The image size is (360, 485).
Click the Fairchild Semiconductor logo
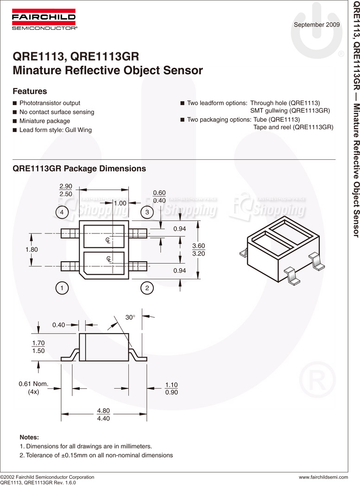point(44,20)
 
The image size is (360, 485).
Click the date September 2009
point(316,25)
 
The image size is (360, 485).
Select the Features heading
point(30,91)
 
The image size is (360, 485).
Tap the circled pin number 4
point(62,212)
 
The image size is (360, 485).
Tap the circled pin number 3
point(147,212)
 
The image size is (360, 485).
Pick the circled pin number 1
point(62,288)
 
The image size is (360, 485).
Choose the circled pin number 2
point(147,288)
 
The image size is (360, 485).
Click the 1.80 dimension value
point(32,249)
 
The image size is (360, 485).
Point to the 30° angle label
point(130,317)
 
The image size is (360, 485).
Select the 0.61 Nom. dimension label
point(33,384)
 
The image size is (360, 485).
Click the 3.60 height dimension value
point(198,246)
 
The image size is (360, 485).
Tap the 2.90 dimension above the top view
point(66,186)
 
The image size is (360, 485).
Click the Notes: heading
point(29,437)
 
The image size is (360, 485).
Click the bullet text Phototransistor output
point(50,103)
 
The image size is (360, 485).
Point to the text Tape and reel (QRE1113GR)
point(293,127)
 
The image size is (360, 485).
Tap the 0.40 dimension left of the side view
point(58,325)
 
